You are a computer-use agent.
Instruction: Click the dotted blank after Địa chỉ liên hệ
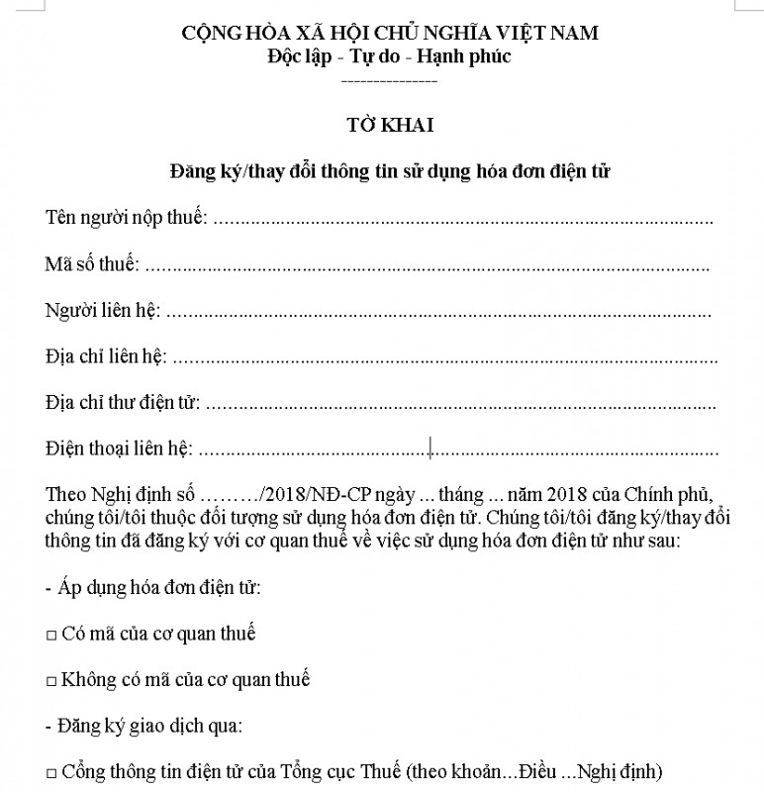pos(445,356)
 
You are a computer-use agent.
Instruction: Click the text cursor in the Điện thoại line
pos(430,449)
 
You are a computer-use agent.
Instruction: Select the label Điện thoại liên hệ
pos(119,449)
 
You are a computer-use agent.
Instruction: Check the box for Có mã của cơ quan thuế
pos(50,635)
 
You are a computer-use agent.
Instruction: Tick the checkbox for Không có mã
pos(50,681)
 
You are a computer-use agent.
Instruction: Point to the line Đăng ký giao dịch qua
pos(143,726)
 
